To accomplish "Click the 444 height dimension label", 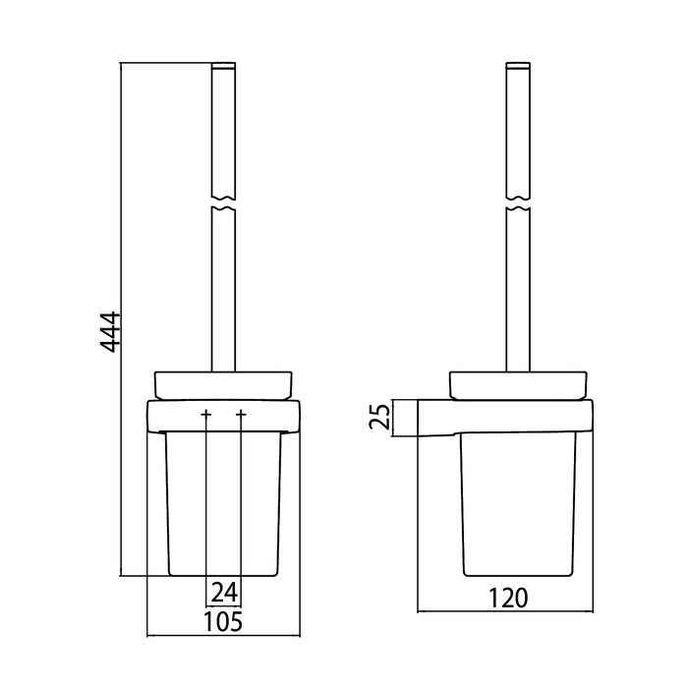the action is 109,332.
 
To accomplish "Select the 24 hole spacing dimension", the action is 224,592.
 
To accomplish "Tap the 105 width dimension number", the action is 223,622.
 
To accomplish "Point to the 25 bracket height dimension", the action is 379,416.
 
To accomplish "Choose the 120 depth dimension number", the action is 508,598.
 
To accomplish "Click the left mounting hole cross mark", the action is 205,414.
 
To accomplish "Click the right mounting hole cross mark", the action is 241,414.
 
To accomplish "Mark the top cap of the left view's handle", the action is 223,66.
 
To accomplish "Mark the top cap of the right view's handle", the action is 518,66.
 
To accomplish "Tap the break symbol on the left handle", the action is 223,202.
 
